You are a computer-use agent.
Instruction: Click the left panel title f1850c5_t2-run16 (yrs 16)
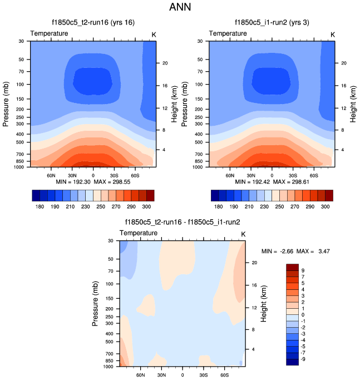pyautogui.click(x=93, y=23)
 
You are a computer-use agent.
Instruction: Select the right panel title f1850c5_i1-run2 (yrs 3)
pyautogui.click(x=272, y=23)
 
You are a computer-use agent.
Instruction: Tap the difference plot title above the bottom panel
pyautogui.click(x=183, y=222)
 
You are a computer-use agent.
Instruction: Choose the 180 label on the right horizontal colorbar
pyautogui.click(x=219, y=206)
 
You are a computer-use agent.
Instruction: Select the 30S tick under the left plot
pyautogui.click(x=114, y=174)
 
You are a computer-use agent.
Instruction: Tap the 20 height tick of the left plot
pyautogui.click(x=165, y=63)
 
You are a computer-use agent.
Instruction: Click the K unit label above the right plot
pyautogui.click(x=333, y=34)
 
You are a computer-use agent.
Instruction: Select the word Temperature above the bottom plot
pyautogui.click(x=139, y=233)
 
